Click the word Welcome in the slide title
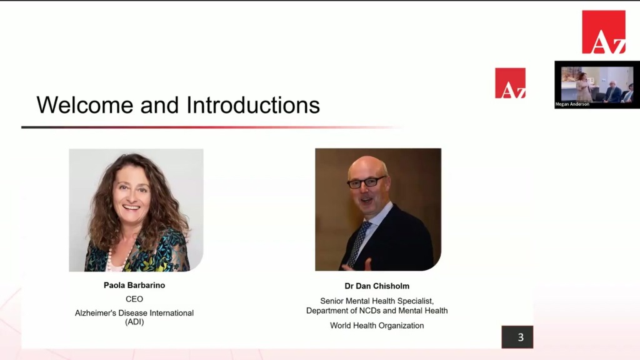85,105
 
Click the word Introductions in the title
253,105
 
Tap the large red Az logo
604,32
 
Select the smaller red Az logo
510,83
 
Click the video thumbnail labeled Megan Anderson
597,84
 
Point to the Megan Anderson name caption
572,104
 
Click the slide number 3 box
517,337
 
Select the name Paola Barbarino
134,285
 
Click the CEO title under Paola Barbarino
134,299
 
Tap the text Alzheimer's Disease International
134,313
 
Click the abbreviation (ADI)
134,322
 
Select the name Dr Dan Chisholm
377,286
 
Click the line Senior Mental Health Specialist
377,301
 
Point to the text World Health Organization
377,326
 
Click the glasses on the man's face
366,182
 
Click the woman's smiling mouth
131,207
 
